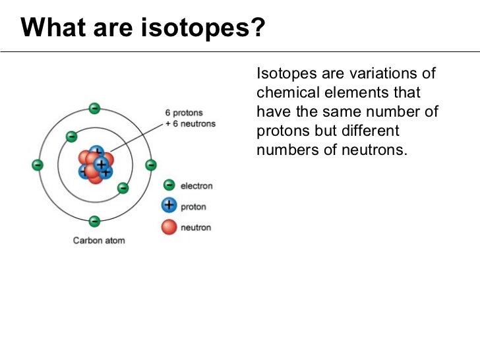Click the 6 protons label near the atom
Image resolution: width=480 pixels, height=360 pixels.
pyautogui.click(x=184, y=113)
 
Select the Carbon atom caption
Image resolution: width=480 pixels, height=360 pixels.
pyautogui.click(x=99, y=241)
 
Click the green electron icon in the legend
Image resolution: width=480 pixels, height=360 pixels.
pyautogui.click(x=169, y=186)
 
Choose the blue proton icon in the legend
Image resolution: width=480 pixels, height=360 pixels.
pyautogui.click(x=169, y=206)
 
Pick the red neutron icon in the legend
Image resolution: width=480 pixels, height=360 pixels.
pyautogui.click(x=169, y=227)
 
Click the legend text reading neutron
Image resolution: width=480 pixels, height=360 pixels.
pyautogui.click(x=196, y=227)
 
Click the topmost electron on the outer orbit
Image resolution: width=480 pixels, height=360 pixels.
pyautogui.click(x=95, y=108)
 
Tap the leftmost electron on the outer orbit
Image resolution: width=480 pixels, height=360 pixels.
pyautogui.click(x=38, y=165)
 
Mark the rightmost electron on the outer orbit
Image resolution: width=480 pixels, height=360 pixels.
pyautogui.click(x=151, y=165)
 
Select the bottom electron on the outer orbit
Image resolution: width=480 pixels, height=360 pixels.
pyautogui.click(x=95, y=222)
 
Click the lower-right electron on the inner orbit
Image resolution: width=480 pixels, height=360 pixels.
pyautogui.click(x=123, y=189)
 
